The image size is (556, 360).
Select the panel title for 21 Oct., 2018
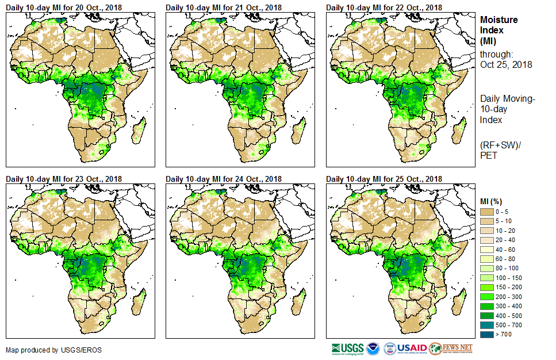[224, 7]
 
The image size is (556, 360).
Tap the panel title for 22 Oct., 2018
[384, 7]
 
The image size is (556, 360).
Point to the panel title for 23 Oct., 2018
[64, 179]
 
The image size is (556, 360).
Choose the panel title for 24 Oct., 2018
[224, 179]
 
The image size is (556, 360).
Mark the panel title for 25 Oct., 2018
[384, 179]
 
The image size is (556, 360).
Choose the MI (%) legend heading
[492, 201]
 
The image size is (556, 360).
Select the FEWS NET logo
[452, 348]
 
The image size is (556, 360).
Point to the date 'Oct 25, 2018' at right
[506, 64]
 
